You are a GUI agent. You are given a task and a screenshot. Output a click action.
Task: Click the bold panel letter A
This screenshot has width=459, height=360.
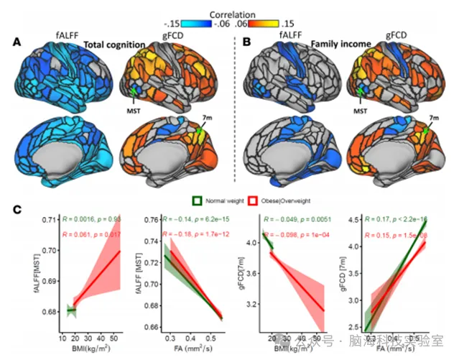coord(17,43)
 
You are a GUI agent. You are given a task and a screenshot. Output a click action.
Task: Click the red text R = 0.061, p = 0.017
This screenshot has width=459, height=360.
coord(91,234)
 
